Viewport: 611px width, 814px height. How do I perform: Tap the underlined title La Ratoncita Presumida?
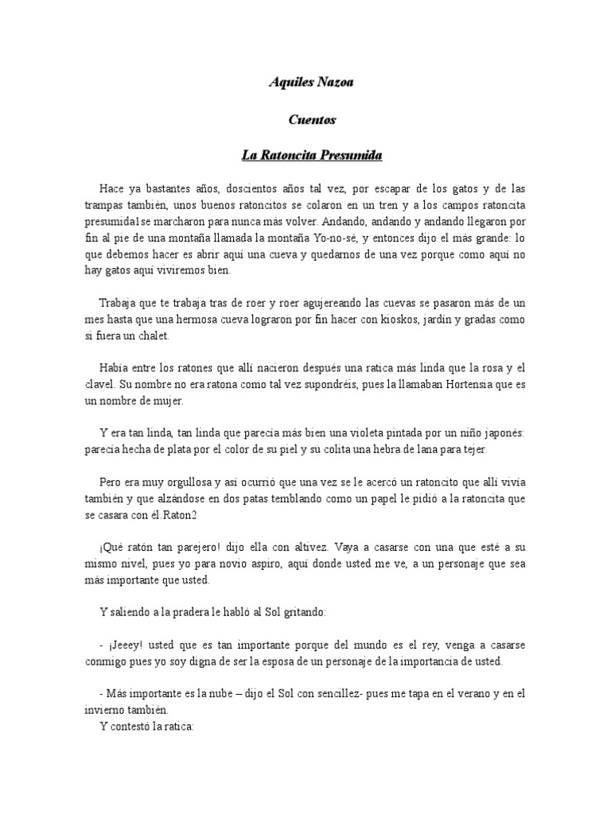tap(312, 156)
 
